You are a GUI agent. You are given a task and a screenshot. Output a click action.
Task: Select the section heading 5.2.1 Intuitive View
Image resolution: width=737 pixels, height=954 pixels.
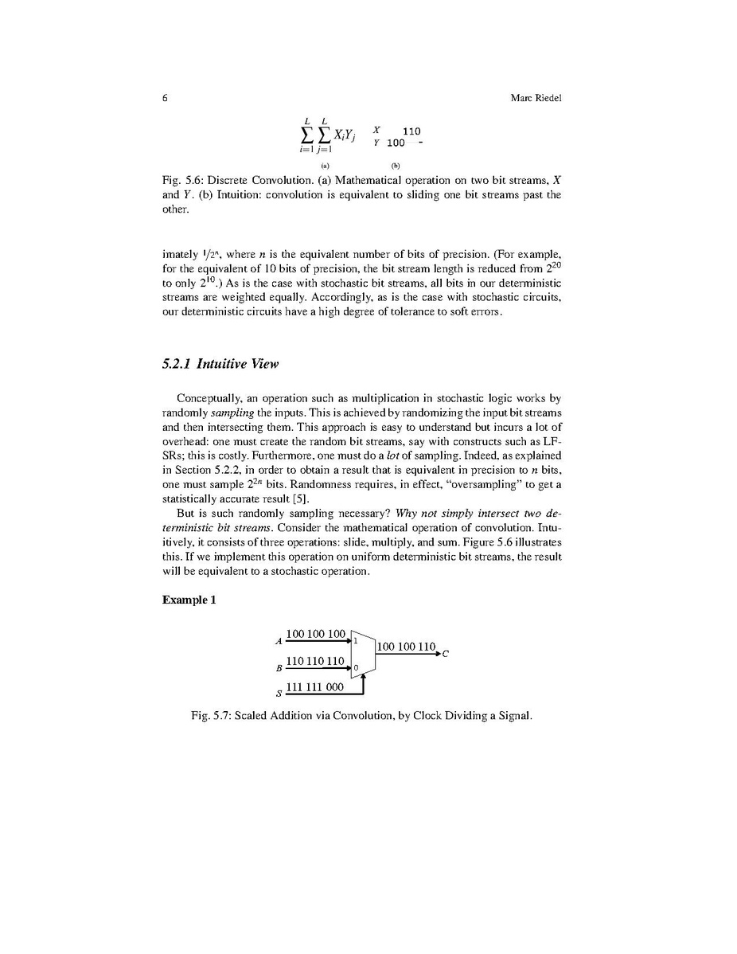[x=220, y=365]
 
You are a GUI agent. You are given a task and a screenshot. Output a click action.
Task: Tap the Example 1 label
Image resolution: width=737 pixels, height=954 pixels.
[x=189, y=600]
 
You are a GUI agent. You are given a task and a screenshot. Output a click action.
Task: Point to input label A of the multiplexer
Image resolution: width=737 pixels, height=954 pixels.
[x=279, y=641]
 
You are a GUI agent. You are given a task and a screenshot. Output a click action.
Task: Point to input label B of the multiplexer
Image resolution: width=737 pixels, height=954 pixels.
[x=279, y=668]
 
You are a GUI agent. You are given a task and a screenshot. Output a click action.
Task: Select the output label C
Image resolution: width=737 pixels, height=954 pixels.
[x=446, y=655]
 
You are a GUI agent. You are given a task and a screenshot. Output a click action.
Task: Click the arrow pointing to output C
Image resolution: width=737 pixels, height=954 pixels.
[x=435, y=654]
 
